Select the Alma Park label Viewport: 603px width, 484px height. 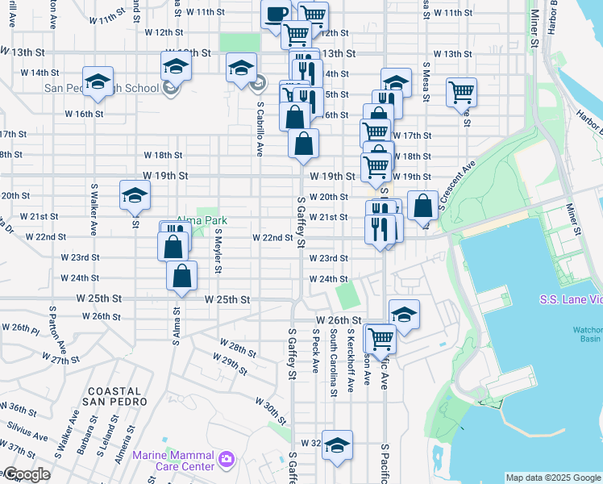click(x=202, y=220)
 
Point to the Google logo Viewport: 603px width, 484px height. click(x=26, y=474)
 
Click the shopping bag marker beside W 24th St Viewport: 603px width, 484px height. click(x=182, y=277)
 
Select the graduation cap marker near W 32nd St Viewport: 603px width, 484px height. click(x=338, y=445)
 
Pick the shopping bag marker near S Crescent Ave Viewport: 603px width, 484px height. click(x=423, y=206)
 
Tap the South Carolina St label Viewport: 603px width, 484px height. click(x=333, y=361)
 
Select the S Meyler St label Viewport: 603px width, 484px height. click(x=218, y=250)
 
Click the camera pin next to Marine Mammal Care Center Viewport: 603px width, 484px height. click(x=227, y=460)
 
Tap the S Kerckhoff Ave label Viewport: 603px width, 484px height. click(x=350, y=361)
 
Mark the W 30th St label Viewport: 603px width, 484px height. click(x=270, y=411)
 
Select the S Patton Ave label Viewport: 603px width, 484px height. click(x=57, y=332)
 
